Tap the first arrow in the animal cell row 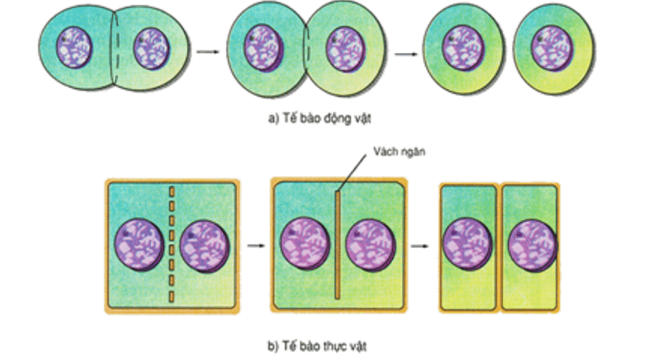tap(207, 52)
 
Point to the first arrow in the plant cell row tap(254, 246)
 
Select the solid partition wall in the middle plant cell tap(336, 245)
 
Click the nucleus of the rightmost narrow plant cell tap(532, 245)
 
